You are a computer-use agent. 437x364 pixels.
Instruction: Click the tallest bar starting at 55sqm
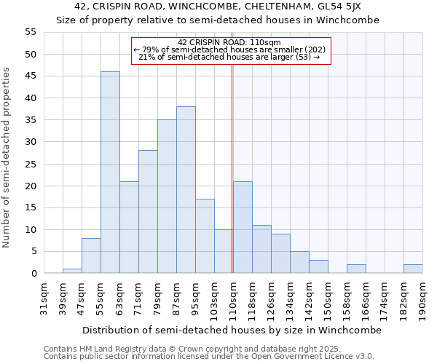pos(110,173)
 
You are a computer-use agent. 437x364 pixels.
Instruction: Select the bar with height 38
pos(186,190)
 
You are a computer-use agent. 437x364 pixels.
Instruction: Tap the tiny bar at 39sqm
pos(72,271)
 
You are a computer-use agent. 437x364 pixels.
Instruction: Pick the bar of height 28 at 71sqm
pos(148,212)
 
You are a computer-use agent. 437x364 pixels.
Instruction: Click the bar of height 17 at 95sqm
pos(205,236)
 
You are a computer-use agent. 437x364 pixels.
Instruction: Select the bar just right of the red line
pos(243,227)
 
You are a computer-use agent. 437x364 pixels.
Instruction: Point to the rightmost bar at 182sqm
pos(413,269)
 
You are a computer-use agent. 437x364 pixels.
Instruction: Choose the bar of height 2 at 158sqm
pos(356,269)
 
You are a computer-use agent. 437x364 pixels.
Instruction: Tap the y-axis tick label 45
pos(30,76)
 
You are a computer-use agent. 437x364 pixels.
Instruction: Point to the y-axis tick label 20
pos(30,186)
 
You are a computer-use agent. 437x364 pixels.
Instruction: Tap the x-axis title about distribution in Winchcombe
pos(232,330)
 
